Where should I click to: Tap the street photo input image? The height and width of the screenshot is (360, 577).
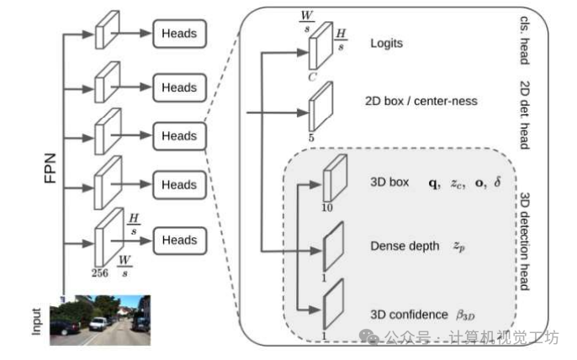(x=99, y=320)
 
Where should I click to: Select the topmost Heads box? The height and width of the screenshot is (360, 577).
(x=179, y=34)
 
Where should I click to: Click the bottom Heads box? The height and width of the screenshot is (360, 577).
(x=179, y=240)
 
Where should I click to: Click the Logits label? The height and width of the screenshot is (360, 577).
(x=386, y=42)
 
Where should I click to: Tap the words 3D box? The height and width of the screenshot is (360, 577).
(x=388, y=181)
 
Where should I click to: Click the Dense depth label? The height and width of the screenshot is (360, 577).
(x=405, y=246)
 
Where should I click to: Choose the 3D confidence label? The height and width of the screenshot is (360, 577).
(x=409, y=315)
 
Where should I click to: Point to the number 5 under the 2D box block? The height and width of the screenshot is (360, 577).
(x=313, y=135)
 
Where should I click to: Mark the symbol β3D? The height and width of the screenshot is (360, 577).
(x=465, y=315)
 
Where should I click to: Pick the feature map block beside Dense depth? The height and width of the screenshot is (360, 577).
(x=333, y=245)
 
